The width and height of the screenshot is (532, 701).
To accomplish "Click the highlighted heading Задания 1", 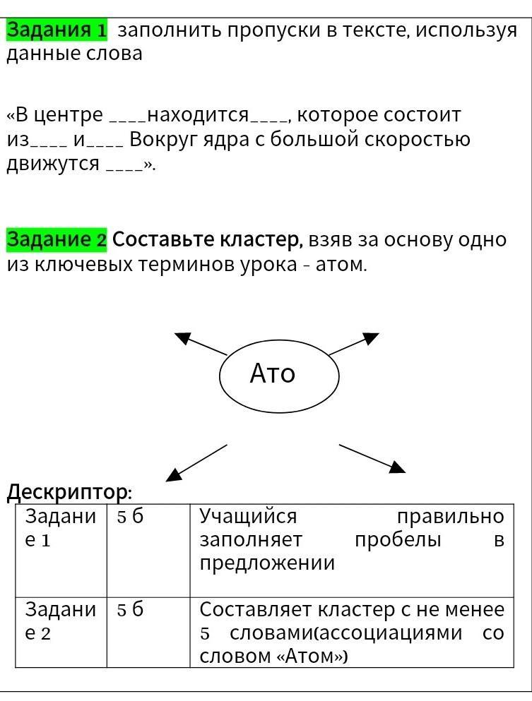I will point(57,31).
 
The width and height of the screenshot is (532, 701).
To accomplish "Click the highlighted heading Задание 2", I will point(57,240).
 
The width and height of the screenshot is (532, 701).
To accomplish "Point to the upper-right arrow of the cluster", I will point(354,344).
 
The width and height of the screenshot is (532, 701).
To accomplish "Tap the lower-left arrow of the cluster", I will point(196,463).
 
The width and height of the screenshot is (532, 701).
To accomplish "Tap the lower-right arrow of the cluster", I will point(372,458).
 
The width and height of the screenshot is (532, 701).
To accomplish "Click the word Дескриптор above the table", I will point(69,492).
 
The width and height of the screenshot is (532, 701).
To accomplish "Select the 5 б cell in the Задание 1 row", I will point(130,516).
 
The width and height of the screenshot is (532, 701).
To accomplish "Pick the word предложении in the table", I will point(267,563).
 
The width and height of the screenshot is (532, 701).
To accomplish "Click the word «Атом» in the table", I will point(312,657).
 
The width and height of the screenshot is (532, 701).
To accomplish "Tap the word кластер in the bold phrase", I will point(264,240).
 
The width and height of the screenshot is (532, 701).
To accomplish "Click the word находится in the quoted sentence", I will point(198,115).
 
